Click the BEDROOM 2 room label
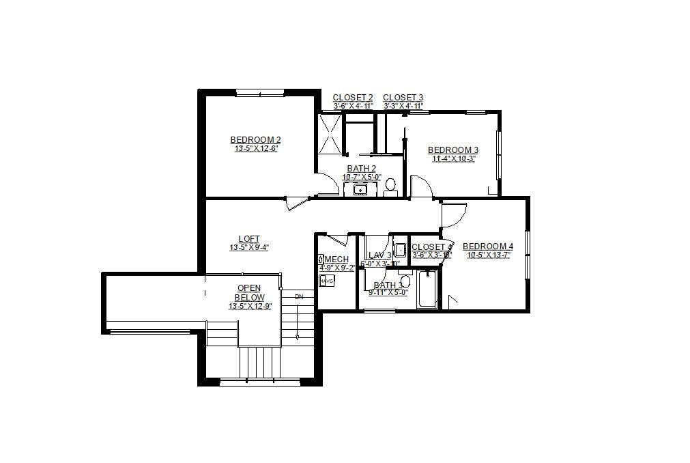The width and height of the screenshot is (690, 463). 255,140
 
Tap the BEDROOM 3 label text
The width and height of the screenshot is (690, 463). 452,150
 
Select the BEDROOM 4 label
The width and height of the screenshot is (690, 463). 487,247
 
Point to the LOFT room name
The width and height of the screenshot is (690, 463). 249,239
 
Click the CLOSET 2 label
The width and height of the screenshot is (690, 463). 353,98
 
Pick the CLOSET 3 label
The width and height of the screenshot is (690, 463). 403,98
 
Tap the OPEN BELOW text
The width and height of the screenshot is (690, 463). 249,293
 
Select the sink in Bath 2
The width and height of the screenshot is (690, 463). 357,189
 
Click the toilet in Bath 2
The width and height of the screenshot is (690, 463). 390,186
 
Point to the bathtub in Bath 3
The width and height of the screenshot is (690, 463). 427,290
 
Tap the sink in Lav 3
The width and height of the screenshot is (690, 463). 400,249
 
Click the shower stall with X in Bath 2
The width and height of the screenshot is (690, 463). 330,136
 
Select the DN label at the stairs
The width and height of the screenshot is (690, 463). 299,297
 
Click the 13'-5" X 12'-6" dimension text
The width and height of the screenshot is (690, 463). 255,148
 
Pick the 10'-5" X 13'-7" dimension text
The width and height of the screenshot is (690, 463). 487,255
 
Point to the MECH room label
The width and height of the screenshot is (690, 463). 336,259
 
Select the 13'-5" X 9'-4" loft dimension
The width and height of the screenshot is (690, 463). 249,248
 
